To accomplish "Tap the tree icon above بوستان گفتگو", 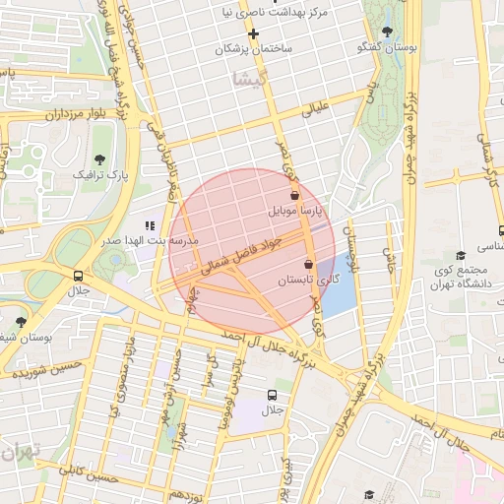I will [x=385, y=31].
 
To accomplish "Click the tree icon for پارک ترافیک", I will [x=98, y=158].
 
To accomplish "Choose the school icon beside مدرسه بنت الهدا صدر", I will [x=151, y=225].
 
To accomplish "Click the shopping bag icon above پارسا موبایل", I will [x=295, y=195].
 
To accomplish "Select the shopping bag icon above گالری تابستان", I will [x=310, y=264].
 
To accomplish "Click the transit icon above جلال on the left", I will [x=78, y=276].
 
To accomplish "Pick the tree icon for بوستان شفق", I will [x=22, y=321].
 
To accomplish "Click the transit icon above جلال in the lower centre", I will [x=272, y=394].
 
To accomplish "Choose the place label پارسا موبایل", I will [x=294, y=211].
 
